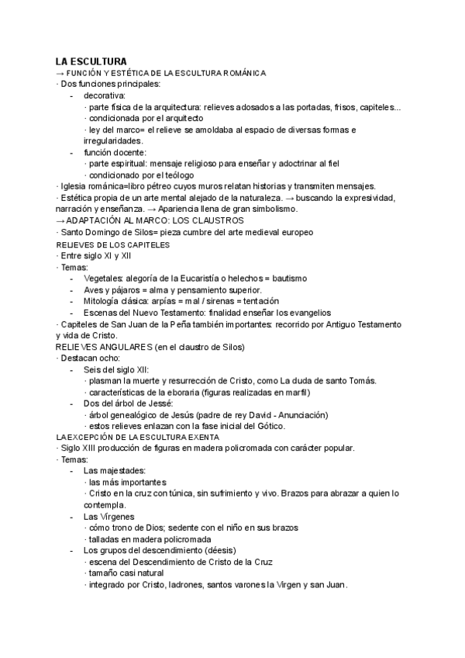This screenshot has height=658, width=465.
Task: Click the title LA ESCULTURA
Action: (x=91, y=61)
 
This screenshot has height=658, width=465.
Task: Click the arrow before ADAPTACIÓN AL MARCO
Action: (x=60, y=221)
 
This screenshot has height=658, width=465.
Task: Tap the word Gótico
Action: (x=270, y=425)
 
